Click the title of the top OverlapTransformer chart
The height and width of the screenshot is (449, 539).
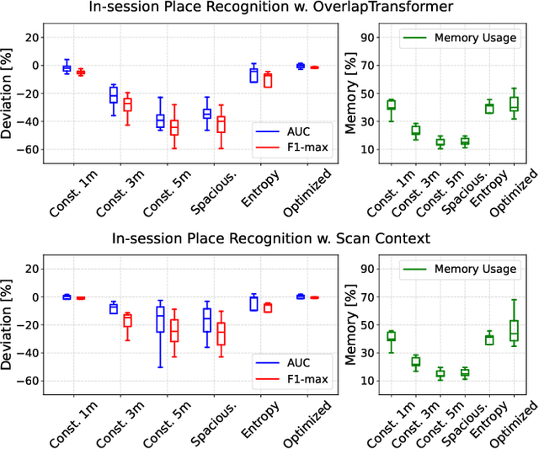[x=269, y=8]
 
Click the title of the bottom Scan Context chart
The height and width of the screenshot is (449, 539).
[x=269, y=239]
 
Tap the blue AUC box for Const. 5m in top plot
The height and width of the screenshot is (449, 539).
[x=160, y=121]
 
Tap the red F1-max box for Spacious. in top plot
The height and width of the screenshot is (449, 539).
[x=221, y=124]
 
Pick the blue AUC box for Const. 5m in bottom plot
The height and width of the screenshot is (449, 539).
[x=160, y=319]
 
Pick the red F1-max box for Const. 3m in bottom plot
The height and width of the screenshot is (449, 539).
[x=127, y=320]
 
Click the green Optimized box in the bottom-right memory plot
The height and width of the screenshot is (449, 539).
[x=514, y=330]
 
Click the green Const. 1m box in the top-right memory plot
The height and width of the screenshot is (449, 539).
[x=391, y=104]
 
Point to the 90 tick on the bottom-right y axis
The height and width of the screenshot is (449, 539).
[x=366, y=269]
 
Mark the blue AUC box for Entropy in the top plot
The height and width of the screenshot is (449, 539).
[x=253, y=75]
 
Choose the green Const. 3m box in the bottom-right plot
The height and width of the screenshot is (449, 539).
[x=415, y=361]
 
